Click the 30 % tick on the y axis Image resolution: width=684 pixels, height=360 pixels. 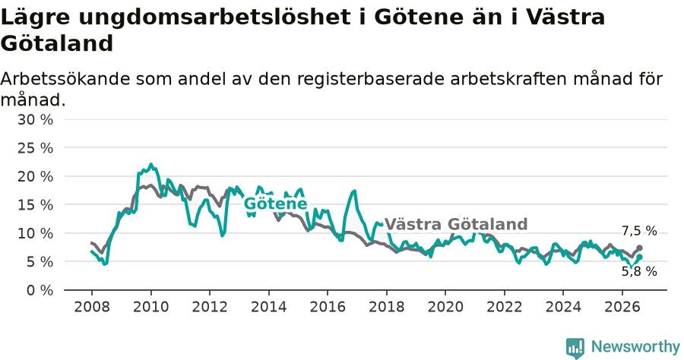point(35,119)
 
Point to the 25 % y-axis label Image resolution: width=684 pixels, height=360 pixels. point(35,148)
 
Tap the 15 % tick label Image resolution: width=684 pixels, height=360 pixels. point(35,205)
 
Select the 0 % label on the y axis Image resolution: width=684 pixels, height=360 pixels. point(40,290)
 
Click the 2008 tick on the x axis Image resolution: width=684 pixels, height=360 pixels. point(92,307)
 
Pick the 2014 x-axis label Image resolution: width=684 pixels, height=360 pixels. point(269,307)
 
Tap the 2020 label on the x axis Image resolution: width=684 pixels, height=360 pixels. point(445,307)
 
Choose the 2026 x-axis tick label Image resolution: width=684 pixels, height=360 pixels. point(622,307)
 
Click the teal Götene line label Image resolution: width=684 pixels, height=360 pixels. point(275,204)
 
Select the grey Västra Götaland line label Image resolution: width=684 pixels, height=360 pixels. point(456,224)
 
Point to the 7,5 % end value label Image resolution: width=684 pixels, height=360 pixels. point(639,231)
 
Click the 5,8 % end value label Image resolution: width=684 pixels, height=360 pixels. point(639,272)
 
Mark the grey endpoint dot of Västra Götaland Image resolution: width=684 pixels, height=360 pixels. point(639,248)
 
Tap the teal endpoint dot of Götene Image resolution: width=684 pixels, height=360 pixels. point(639,257)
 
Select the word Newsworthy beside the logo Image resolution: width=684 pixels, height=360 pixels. point(635,347)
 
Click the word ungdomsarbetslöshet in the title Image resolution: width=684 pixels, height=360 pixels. point(214,17)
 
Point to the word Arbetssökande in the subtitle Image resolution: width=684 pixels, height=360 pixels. point(65,79)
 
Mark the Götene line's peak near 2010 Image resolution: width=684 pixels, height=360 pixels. point(151,165)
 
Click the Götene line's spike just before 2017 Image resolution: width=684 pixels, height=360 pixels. point(354,191)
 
